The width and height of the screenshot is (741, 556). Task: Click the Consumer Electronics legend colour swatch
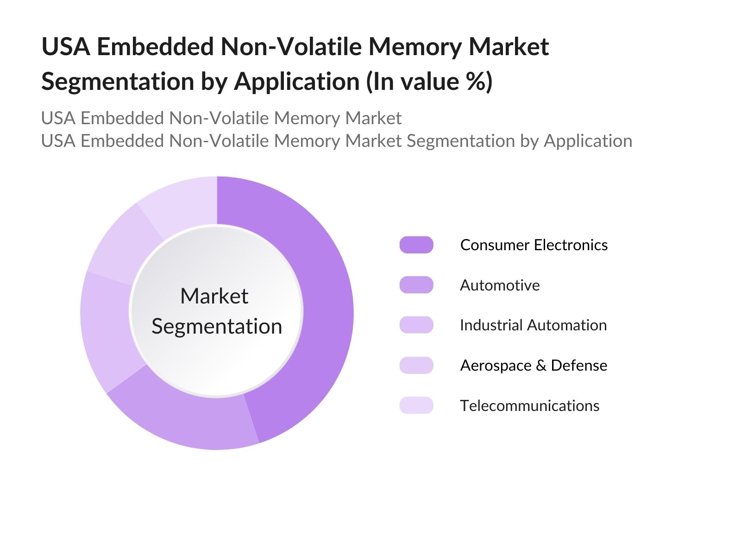[416, 245]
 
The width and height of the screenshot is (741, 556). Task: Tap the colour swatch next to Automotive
[416, 285]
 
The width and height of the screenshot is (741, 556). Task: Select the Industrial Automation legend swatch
[416, 325]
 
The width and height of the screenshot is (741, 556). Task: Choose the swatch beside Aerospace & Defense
[416, 365]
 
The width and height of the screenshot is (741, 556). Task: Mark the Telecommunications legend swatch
[416, 405]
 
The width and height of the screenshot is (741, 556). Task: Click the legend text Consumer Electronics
[534, 245]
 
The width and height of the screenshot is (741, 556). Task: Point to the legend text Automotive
[500, 285]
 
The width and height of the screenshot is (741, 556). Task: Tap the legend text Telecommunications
[529, 405]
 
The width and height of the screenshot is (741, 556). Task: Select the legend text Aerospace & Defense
[534, 365]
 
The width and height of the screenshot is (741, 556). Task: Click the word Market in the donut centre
[214, 296]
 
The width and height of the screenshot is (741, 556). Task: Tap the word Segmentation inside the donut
[217, 326]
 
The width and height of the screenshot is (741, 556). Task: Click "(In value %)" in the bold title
[429, 82]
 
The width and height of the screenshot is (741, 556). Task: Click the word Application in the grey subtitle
[588, 141]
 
